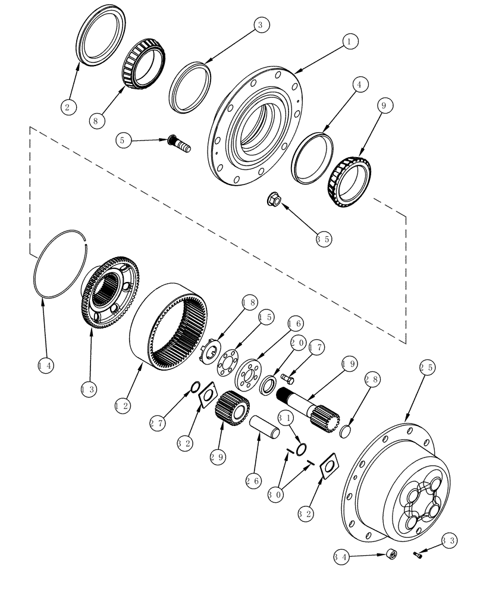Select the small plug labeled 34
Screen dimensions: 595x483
tap(392, 554)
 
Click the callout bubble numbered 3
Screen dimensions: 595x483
tap(259, 25)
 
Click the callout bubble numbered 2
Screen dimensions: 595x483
tap(70, 107)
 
